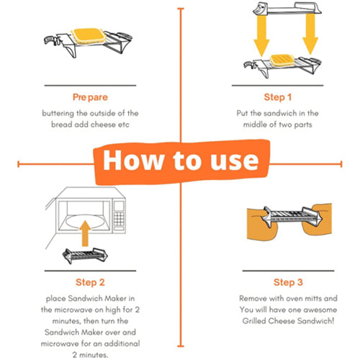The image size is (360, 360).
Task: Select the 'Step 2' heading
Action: click(89, 282)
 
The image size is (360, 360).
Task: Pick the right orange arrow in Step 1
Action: click(310, 40)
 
